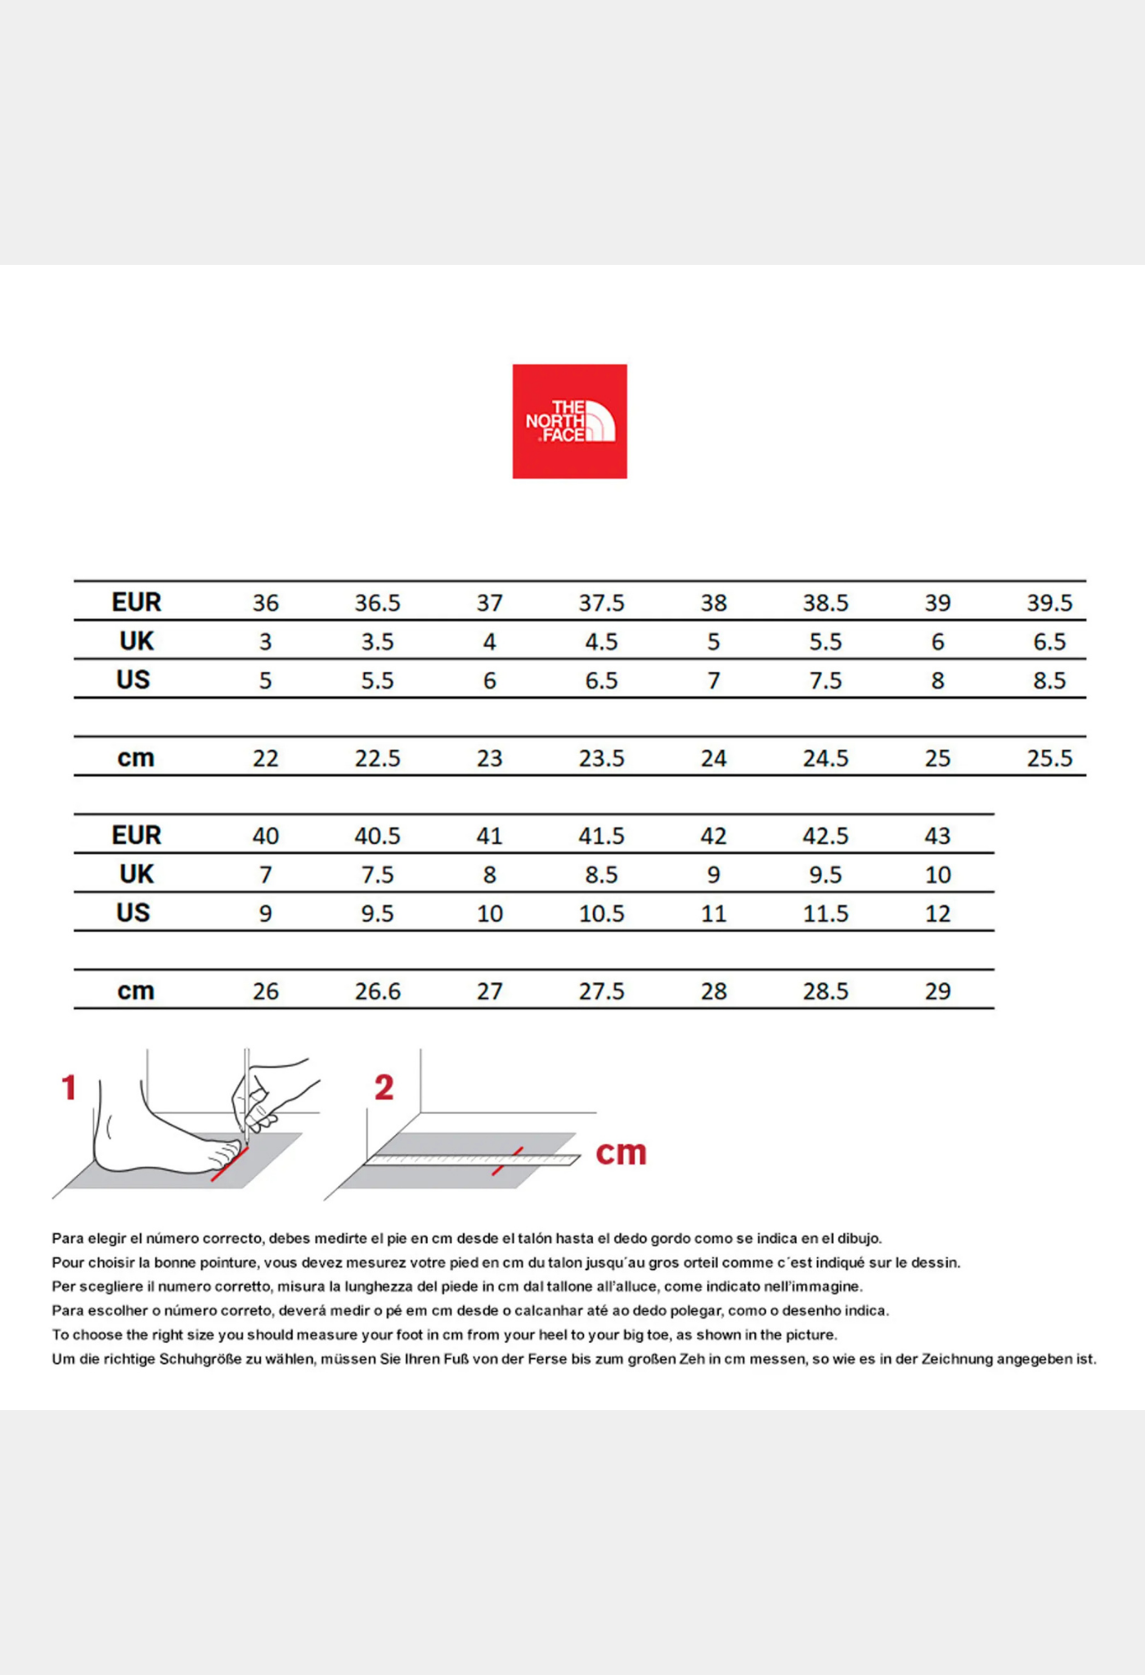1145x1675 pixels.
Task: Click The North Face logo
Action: (x=569, y=421)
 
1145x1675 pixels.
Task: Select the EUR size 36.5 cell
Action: (x=377, y=603)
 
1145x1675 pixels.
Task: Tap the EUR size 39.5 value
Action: (x=1049, y=603)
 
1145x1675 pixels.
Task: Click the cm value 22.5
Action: (x=377, y=758)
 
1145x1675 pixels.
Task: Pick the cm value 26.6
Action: (x=377, y=991)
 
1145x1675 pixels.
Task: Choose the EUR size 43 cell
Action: (x=937, y=836)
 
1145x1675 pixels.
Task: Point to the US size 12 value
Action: (x=937, y=914)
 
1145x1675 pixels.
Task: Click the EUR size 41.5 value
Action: (x=601, y=836)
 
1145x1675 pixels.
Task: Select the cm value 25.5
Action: (x=1049, y=758)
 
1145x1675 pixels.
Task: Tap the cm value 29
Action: (x=937, y=991)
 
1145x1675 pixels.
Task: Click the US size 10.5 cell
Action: (x=601, y=914)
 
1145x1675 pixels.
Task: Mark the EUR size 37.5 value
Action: (x=601, y=603)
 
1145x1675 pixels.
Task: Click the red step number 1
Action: (x=69, y=1088)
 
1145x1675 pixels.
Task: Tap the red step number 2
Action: (x=384, y=1088)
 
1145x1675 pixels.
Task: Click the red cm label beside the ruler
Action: (x=621, y=1152)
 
